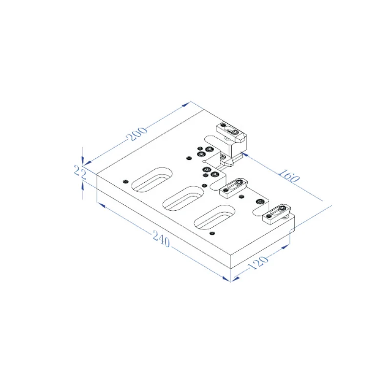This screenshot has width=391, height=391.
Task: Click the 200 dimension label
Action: coord(138,133)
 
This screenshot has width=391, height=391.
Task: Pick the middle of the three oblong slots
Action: coord(183,197)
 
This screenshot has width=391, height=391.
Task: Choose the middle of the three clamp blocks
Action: coord(235,187)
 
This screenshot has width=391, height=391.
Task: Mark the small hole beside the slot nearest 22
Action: coord(127,181)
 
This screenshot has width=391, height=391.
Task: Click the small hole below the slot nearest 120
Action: coord(211,234)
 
